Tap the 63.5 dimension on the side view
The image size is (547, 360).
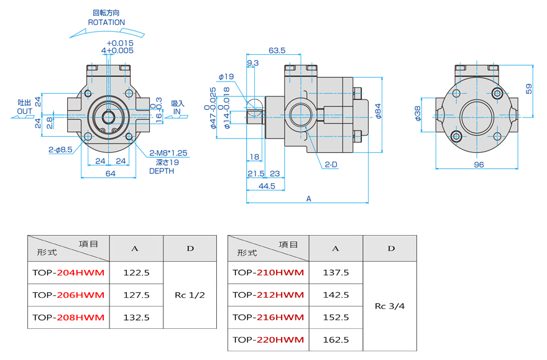pyautogui.click(x=277, y=50)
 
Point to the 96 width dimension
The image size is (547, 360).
pyautogui.click(x=479, y=165)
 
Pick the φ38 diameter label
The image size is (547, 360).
pyautogui.click(x=416, y=113)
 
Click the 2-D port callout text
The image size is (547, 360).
pyautogui.click(x=330, y=165)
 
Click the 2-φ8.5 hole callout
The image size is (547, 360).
pyautogui.click(x=61, y=150)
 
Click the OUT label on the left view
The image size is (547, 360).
pyautogui.click(x=25, y=112)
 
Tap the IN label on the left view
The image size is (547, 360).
pyautogui.click(x=177, y=112)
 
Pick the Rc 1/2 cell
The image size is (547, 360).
pyautogui.click(x=190, y=295)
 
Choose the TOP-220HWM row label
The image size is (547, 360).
pyautogui.click(x=268, y=339)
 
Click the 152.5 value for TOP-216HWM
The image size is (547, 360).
pyautogui.click(x=336, y=317)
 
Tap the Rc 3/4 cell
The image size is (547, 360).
pyautogui.click(x=390, y=306)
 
